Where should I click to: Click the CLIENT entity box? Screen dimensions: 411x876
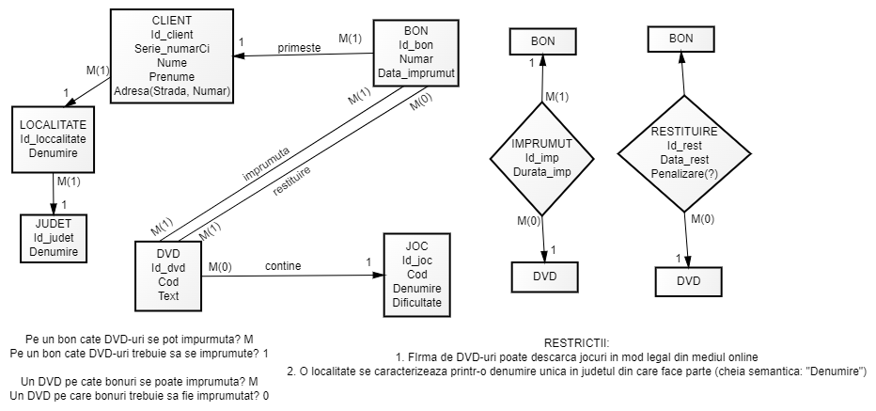click(x=172, y=55)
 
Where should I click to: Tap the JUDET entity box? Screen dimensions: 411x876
click(x=53, y=238)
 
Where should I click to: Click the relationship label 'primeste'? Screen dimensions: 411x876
click(x=298, y=47)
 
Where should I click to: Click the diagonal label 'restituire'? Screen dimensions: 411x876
click(x=292, y=181)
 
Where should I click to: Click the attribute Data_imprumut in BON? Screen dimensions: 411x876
click(x=416, y=72)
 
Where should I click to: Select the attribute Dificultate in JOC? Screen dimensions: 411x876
click(x=415, y=303)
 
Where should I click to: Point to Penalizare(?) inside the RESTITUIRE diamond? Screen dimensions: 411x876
click(x=683, y=175)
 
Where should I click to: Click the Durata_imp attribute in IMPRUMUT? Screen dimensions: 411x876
click(x=541, y=171)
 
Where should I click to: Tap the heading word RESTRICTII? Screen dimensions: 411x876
click(x=576, y=343)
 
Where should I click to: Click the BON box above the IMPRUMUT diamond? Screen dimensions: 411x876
click(x=543, y=41)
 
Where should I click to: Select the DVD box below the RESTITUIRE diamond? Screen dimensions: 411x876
click(x=689, y=281)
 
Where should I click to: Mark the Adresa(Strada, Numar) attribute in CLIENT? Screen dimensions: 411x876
click(x=172, y=90)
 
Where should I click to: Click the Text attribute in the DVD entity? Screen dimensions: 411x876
click(x=168, y=295)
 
